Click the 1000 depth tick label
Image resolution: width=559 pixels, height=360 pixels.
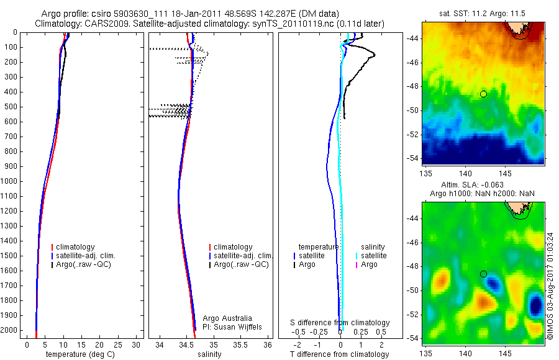coord(10,181)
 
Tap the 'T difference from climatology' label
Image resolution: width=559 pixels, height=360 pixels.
coord(339,354)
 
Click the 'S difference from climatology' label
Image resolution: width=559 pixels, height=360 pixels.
coord(340,323)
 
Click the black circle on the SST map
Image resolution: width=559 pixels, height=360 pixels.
coord(483,94)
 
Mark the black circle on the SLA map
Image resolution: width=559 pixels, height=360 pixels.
coord(483,274)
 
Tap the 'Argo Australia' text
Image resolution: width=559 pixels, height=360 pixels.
coord(227,318)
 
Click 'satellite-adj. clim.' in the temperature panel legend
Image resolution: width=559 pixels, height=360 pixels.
coord(86,256)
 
